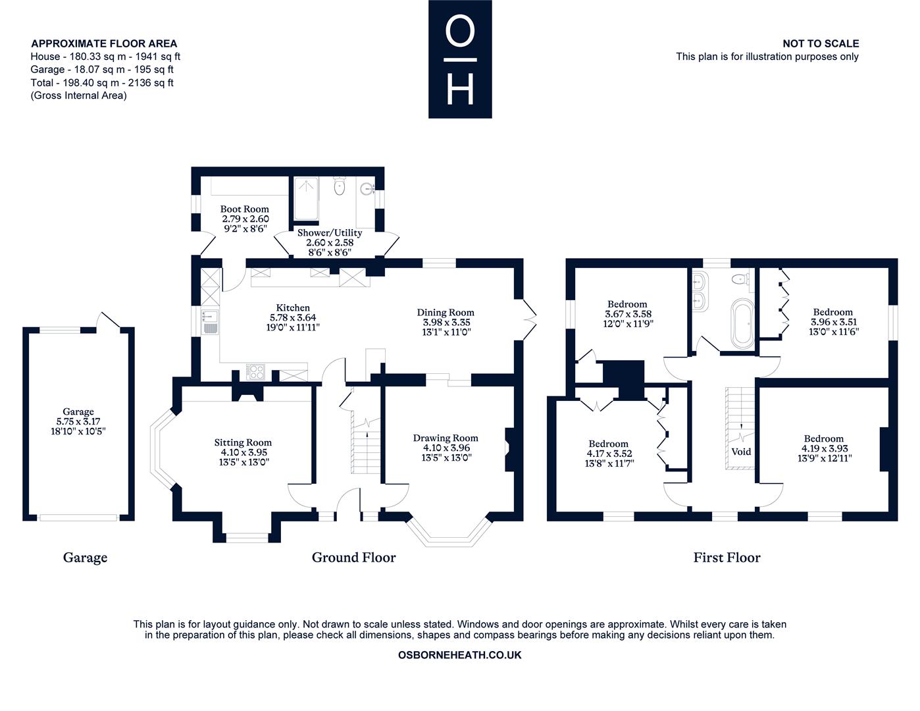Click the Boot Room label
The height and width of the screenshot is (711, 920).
click(x=244, y=209)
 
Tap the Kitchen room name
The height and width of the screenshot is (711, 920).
click(x=293, y=307)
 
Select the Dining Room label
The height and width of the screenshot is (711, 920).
click(x=446, y=313)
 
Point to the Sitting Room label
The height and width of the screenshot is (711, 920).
click(x=243, y=442)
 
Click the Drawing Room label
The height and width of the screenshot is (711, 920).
click(x=446, y=438)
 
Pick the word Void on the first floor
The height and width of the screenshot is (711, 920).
click(x=741, y=452)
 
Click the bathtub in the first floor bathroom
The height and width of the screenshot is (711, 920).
click(x=742, y=323)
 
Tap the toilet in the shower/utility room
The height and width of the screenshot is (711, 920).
click(x=339, y=186)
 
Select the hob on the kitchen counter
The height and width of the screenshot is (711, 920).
click(x=255, y=372)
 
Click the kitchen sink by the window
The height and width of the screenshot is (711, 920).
click(x=209, y=322)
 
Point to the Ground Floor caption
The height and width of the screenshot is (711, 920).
click(x=353, y=558)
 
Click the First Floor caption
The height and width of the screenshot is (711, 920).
click(x=727, y=558)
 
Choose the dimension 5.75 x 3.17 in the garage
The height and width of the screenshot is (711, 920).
click(x=78, y=421)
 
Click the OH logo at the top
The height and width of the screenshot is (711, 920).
click(x=460, y=59)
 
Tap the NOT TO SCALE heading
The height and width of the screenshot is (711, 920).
click(x=821, y=43)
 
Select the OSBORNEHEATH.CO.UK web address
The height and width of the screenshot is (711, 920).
click(x=460, y=655)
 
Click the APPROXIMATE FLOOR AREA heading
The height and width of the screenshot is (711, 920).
click(x=104, y=43)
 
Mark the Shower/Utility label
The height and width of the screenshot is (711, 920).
click(x=330, y=232)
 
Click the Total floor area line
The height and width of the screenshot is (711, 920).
click(x=102, y=82)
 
